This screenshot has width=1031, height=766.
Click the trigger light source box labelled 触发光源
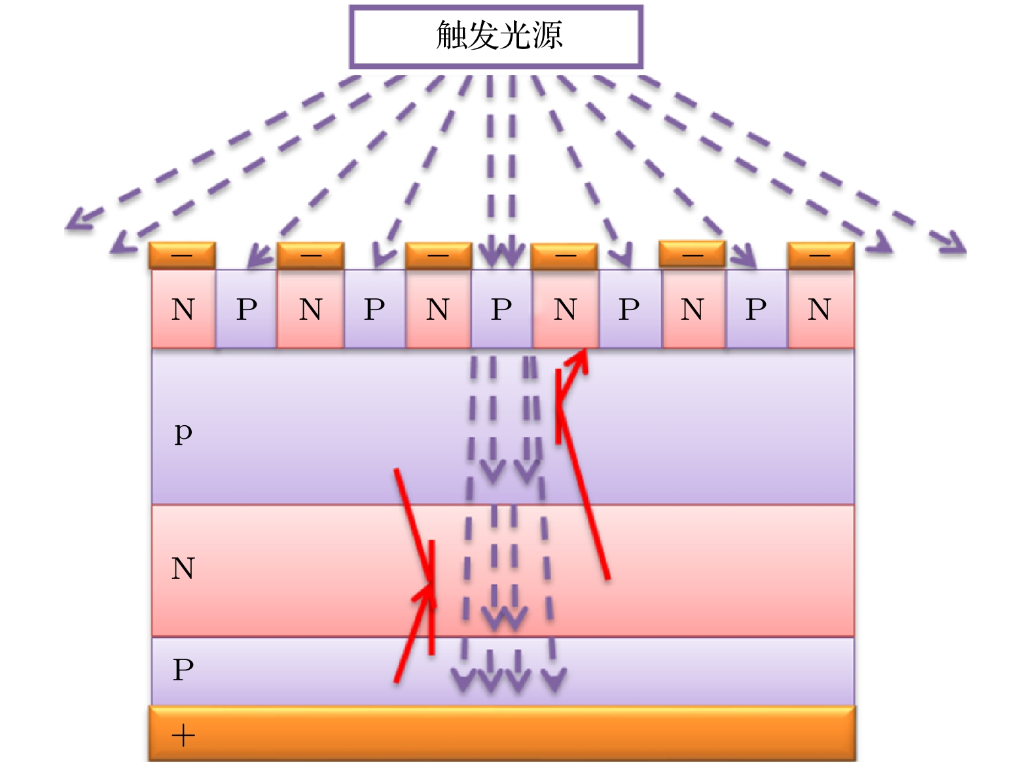click(x=496, y=37)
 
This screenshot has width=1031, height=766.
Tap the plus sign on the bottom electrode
click(x=183, y=736)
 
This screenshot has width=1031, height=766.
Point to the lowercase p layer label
click(x=183, y=432)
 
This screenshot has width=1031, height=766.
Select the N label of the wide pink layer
click(x=183, y=568)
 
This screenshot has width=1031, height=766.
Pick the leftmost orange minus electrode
click(x=182, y=255)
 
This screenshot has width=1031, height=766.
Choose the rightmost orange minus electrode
click(x=820, y=255)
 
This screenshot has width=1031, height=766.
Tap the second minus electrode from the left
click(x=310, y=255)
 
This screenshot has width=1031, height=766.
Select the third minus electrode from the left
click(x=438, y=255)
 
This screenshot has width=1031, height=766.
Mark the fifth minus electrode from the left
click(x=692, y=254)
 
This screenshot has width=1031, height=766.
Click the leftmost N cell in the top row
click(x=183, y=309)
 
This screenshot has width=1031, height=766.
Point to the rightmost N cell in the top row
click(x=820, y=309)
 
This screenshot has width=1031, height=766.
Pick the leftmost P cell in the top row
click(x=247, y=309)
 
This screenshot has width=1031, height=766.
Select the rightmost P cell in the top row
click(x=756, y=309)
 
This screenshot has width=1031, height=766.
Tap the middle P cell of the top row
click(x=501, y=309)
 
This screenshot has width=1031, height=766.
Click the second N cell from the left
click(x=310, y=309)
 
